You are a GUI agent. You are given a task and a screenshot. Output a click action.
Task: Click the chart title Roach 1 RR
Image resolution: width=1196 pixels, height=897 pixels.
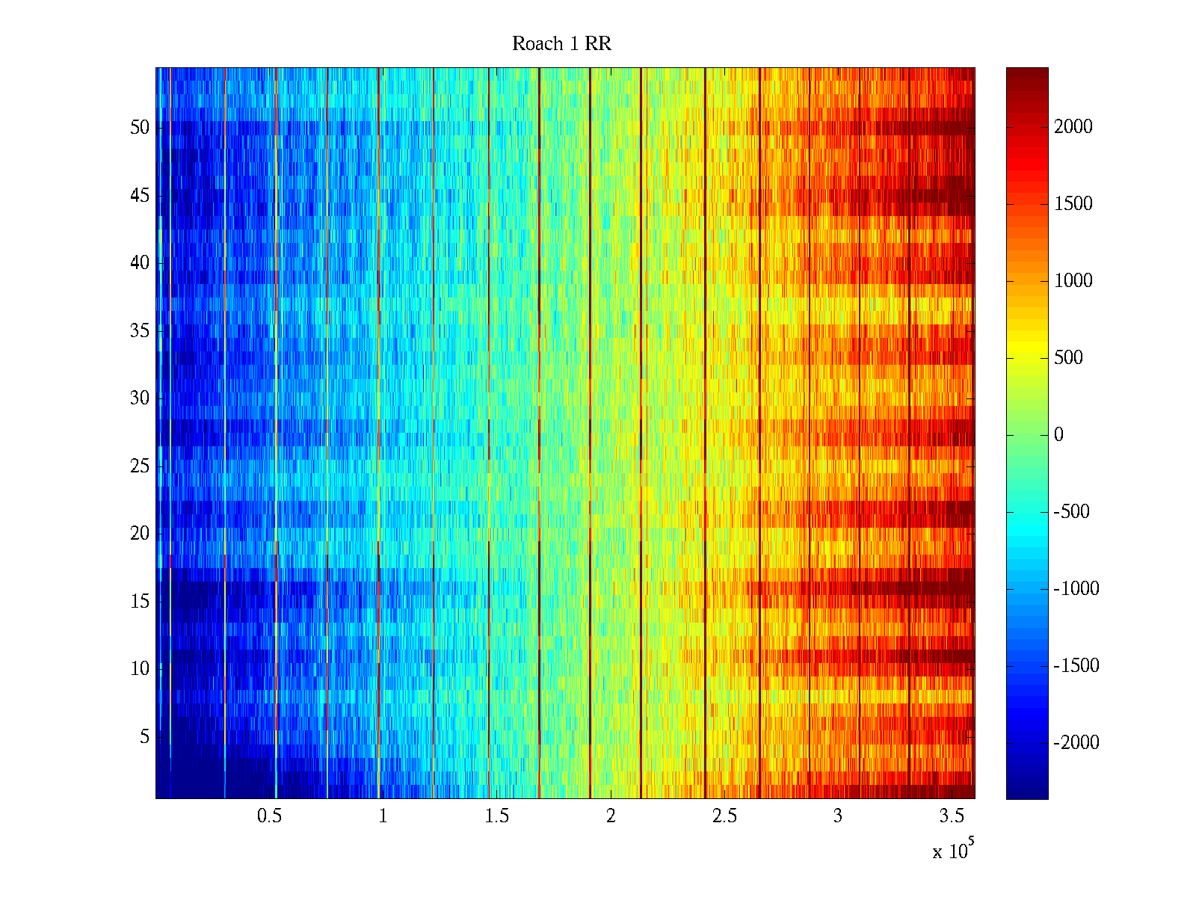pyautogui.click(x=561, y=44)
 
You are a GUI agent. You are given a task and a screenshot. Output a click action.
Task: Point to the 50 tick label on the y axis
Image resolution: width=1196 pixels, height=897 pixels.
pyautogui.click(x=140, y=128)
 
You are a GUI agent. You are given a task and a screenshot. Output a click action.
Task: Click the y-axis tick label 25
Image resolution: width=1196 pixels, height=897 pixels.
pyautogui.click(x=140, y=466)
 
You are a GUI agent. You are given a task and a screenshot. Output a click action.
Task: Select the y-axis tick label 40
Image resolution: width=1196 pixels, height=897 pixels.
pyautogui.click(x=140, y=263)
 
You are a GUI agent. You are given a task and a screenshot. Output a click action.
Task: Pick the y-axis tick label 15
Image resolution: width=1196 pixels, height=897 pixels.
pyautogui.click(x=140, y=602)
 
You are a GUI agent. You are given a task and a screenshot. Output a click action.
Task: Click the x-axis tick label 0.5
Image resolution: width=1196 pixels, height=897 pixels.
pyautogui.click(x=269, y=816)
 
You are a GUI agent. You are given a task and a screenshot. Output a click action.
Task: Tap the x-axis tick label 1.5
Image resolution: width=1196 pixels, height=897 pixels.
pyautogui.click(x=497, y=816)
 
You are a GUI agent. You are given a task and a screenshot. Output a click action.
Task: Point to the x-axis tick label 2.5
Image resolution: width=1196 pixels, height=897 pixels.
pyautogui.click(x=724, y=816)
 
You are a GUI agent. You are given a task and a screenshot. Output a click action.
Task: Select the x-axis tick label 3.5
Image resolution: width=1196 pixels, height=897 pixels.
pyautogui.click(x=952, y=816)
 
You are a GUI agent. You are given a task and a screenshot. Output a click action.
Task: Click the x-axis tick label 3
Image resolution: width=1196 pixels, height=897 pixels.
pyautogui.click(x=838, y=816)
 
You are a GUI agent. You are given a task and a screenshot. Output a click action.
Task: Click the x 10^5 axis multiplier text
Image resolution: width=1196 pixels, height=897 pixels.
pyautogui.click(x=953, y=851)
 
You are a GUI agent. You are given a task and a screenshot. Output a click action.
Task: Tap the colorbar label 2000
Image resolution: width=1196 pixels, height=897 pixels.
pyautogui.click(x=1073, y=127)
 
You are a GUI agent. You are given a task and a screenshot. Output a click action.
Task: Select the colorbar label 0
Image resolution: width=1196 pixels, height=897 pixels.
pyautogui.click(x=1058, y=435)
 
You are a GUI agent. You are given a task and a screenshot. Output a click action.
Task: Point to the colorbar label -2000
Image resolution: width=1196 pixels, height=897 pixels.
pyautogui.click(x=1076, y=743)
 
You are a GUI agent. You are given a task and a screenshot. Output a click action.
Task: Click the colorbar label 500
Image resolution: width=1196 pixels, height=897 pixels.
pyautogui.click(x=1069, y=358)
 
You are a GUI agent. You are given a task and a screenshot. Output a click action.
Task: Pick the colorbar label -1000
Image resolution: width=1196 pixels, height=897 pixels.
pyautogui.click(x=1076, y=589)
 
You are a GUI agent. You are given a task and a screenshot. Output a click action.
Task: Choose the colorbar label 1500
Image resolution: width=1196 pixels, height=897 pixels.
pyautogui.click(x=1073, y=204)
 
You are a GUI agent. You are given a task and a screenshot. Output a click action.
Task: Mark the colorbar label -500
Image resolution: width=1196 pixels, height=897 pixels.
pyautogui.click(x=1072, y=512)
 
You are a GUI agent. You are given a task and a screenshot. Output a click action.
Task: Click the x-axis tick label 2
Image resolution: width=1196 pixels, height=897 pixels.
pyautogui.click(x=611, y=816)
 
